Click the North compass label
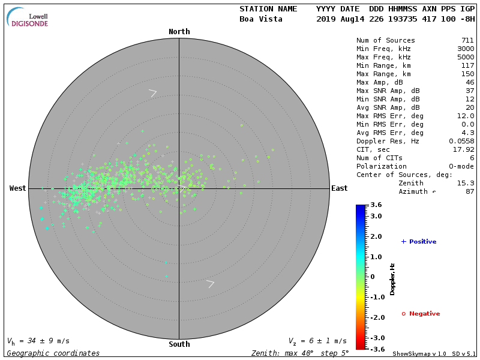point(179,32)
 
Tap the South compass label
point(179,344)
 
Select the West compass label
point(18,188)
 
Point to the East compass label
point(339,188)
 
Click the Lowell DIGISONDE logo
point(28,18)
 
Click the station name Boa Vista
point(260,19)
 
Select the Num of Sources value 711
point(467,41)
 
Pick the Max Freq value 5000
point(465,58)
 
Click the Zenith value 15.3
point(465,184)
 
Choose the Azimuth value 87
point(469,192)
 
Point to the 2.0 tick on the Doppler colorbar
point(376,237)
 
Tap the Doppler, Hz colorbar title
point(393,279)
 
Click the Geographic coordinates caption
point(53,353)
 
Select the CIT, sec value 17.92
point(463,150)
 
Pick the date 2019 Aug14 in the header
point(338,19)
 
